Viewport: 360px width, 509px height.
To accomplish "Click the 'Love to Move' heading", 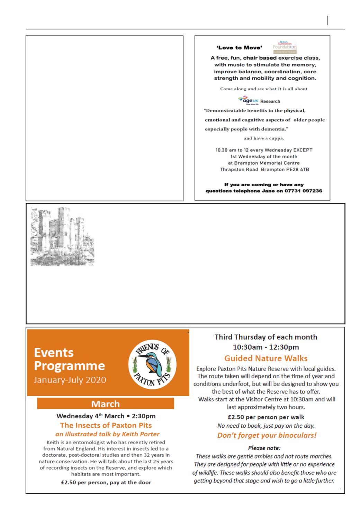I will [239, 47].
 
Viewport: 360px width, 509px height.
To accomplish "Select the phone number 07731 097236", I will [303, 191].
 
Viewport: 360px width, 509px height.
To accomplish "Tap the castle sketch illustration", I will [62, 237].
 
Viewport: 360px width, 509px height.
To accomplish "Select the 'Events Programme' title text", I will [69, 359].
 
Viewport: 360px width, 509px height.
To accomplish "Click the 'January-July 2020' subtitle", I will [70, 380].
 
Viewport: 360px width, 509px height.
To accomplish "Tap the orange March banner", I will [105, 404].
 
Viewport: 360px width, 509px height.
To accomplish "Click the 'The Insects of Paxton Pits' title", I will [106, 425].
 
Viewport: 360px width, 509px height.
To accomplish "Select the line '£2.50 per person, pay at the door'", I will [106, 482].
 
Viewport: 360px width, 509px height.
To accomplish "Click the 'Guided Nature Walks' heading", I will [266, 358].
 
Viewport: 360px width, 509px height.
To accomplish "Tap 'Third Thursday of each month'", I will [266, 337].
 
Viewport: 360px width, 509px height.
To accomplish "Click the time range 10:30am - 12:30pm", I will [266, 347].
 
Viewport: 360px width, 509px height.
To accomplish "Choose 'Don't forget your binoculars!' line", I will [267, 435].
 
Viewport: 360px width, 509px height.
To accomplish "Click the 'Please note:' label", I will [266, 448].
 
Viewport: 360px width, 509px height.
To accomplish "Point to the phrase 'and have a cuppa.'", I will [264, 138].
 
